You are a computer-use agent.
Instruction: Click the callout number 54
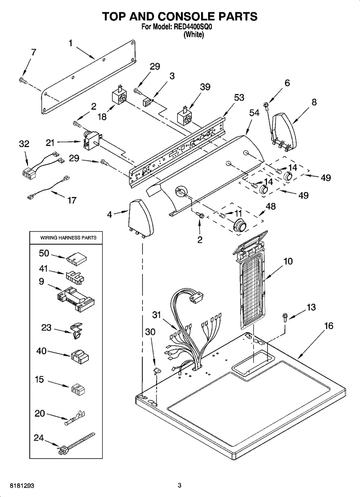click(254, 113)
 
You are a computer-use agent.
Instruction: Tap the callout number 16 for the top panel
click(329, 326)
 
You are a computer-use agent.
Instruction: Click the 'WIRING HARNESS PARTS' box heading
click(68, 238)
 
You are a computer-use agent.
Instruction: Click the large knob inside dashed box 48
click(239, 226)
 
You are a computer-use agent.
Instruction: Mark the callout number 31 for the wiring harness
click(156, 315)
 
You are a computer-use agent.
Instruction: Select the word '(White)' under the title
click(194, 35)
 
